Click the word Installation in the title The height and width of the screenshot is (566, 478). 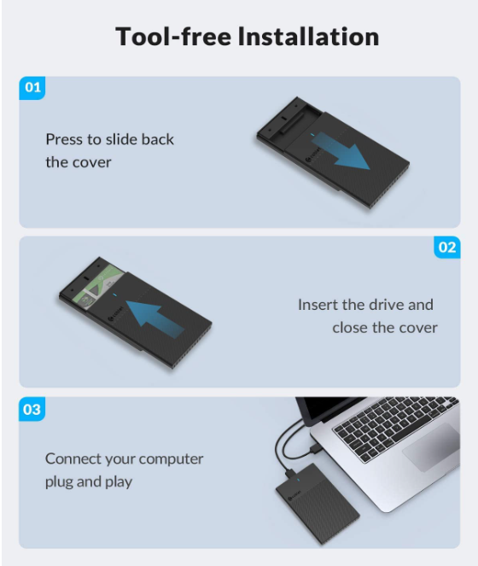pyautogui.click(x=309, y=37)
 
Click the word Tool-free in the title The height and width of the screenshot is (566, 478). pyautogui.click(x=173, y=37)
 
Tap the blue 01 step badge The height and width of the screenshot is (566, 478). pyautogui.click(x=32, y=88)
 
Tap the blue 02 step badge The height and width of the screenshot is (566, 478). pyautogui.click(x=447, y=248)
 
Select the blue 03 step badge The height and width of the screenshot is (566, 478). pyautogui.click(x=32, y=409)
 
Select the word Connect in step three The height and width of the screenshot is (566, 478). pyautogui.click(x=68, y=458)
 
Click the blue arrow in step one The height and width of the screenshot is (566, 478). pyautogui.click(x=340, y=151)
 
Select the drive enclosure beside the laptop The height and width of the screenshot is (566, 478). pyautogui.click(x=318, y=504)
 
